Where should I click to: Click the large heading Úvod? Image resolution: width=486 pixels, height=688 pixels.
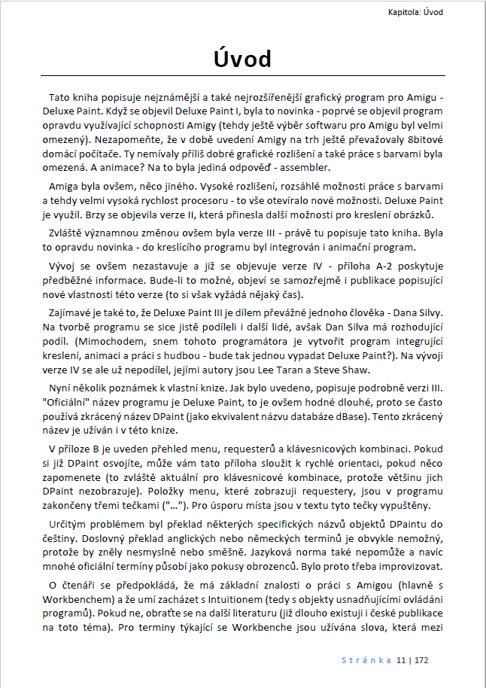tap(242, 59)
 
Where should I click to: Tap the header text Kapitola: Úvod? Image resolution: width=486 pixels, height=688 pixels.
tap(415, 12)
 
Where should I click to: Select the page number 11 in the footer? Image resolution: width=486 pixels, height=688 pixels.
tap(402, 660)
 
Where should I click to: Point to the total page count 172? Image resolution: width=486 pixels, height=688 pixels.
tap(421, 660)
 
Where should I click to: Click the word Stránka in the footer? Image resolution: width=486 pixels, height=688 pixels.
tap(366, 660)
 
